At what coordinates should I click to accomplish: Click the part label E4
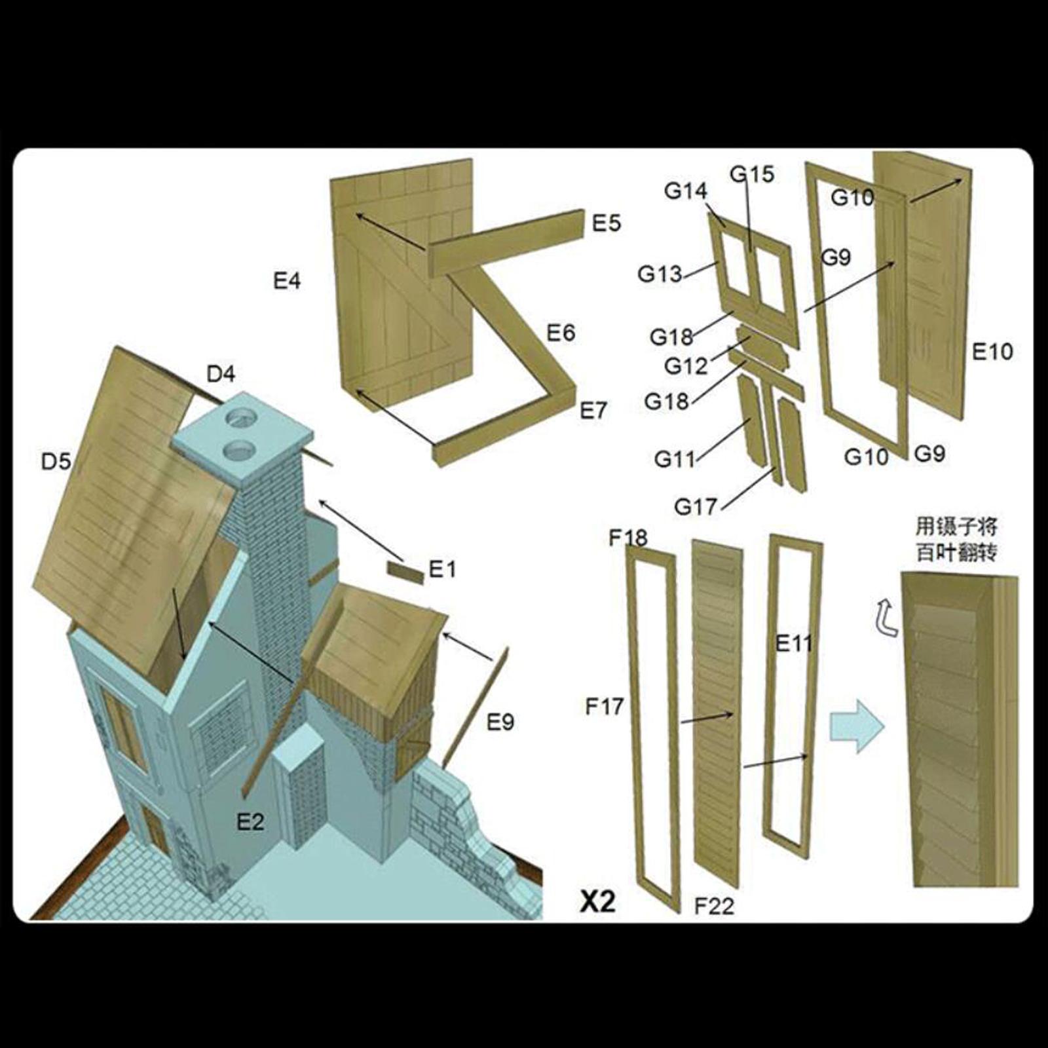287,281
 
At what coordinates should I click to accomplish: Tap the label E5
606,223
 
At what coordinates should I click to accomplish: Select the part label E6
561,333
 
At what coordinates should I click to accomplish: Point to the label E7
593,411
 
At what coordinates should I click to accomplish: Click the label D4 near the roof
221,374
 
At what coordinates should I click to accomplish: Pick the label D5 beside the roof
56,462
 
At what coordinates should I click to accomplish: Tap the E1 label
442,570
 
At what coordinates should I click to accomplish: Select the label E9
500,722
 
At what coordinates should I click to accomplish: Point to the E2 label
250,821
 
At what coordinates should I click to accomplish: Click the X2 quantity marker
598,902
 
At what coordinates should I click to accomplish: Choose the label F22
714,907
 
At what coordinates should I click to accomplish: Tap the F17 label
605,707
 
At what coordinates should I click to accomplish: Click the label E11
794,643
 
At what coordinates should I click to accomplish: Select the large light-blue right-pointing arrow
857,726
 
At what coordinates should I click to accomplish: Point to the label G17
696,506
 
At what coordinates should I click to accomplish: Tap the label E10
992,352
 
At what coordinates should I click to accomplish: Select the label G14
686,191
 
